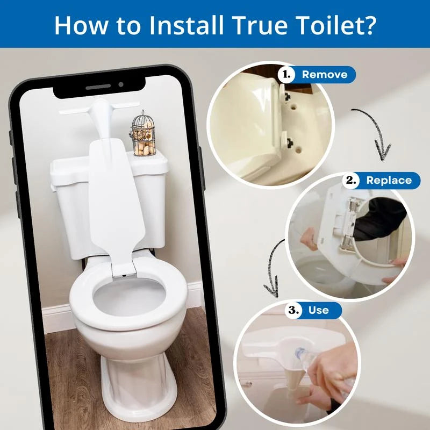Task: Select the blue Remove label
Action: (324, 74)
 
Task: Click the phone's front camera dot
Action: (121, 84)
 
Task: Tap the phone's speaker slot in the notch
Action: (98, 85)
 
